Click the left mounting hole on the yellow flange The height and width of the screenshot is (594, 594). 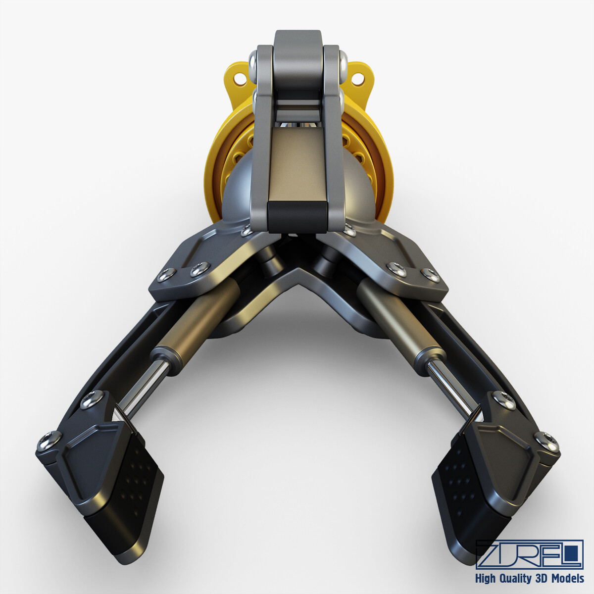[x=241, y=78]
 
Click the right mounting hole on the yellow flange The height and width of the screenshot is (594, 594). [x=356, y=78]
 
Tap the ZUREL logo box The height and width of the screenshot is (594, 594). [x=529, y=554]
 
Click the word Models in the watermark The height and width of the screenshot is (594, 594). [x=566, y=578]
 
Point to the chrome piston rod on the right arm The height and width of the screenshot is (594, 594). [x=448, y=386]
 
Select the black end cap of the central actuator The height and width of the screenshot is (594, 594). [x=297, y=216]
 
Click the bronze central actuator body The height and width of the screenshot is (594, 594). [x=297, y=163]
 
